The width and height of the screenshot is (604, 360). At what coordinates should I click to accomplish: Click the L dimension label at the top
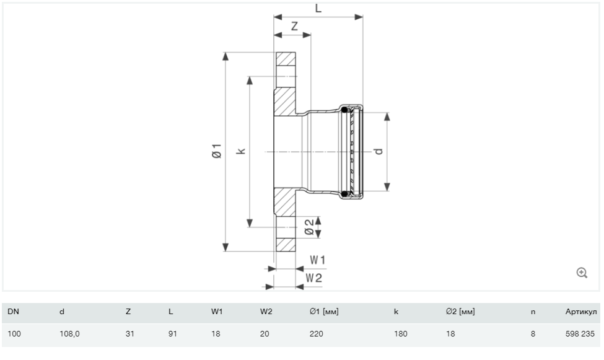click(318, 8)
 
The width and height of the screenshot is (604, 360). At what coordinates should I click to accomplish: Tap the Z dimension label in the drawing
click(294, 26)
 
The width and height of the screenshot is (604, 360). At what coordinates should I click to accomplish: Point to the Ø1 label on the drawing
click(217, 151)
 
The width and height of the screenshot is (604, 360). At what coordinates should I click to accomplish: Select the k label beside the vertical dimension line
click(241, 151)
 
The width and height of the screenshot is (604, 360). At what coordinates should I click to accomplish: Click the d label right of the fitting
click(379, 151)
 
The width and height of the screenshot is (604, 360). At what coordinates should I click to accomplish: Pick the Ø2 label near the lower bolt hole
click(309, 227)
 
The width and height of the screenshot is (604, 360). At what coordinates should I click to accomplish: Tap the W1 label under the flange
click(318, 260)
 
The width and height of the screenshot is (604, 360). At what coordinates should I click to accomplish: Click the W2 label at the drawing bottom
click(313, 278)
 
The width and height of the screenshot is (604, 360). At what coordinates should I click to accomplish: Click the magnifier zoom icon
click(582, 273)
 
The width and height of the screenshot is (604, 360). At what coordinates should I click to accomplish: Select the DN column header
click(13, 312)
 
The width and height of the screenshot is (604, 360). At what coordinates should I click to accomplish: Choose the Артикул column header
click(581, 312)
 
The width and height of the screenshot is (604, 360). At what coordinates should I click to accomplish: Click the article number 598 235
click(580, 334)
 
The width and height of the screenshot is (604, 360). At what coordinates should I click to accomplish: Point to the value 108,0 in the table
click(69, 334)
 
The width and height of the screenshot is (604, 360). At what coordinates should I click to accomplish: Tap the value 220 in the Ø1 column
click(317, 334)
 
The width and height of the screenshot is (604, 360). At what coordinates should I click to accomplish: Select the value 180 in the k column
click(401, 334)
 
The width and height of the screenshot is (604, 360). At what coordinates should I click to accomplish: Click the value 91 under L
click(173, 334)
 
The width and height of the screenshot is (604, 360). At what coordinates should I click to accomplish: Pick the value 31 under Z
click(130, 334)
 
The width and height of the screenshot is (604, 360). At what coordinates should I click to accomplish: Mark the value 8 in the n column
click(533, 334)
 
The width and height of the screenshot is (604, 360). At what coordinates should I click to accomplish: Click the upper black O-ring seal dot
click(344, 110)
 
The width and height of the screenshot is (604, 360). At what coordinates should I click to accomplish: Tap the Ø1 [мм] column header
click(324, 312)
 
